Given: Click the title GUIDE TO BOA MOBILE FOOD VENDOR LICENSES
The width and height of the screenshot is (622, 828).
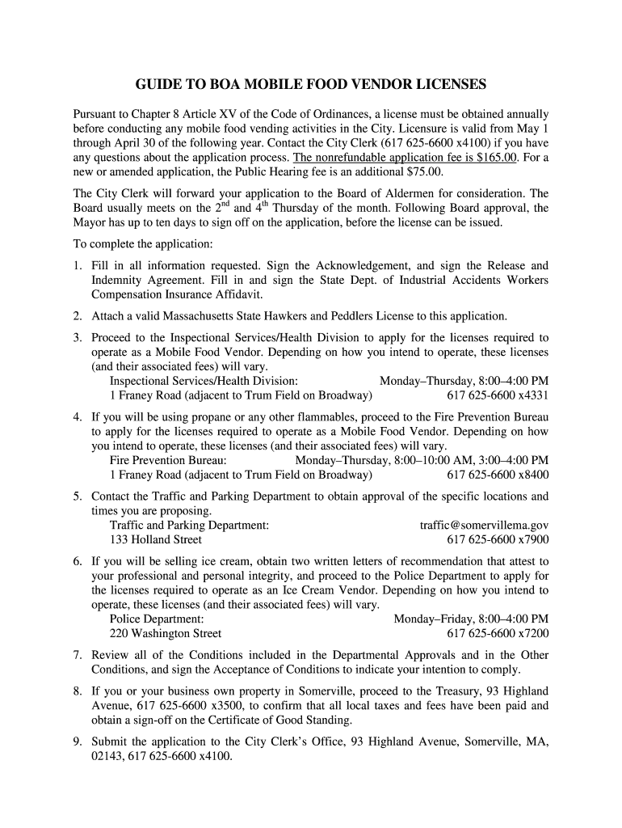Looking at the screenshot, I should [x=310, y=84].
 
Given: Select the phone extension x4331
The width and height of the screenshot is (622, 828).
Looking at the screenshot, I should [x=533, y=395].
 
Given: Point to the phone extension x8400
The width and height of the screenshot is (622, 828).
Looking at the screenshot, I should [x=533, y=475].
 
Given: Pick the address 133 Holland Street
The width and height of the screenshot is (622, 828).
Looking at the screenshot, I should [x=156, y=539].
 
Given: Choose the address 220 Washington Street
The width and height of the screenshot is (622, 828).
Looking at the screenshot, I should [x=166, y=633].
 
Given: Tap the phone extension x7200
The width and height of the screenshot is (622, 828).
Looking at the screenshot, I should [x=533, y=633].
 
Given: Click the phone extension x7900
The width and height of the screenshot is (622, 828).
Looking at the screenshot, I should [x=533, y=539].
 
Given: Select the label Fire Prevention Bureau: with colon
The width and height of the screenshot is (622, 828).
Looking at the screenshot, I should [x=168, y=460].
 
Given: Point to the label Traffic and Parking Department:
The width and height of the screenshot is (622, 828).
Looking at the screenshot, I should [x=189, y=525].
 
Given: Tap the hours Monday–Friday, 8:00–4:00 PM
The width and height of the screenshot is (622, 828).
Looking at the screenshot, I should [x=471, y=619].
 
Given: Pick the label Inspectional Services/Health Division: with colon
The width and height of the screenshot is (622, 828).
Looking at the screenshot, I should [x=204, y=381].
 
